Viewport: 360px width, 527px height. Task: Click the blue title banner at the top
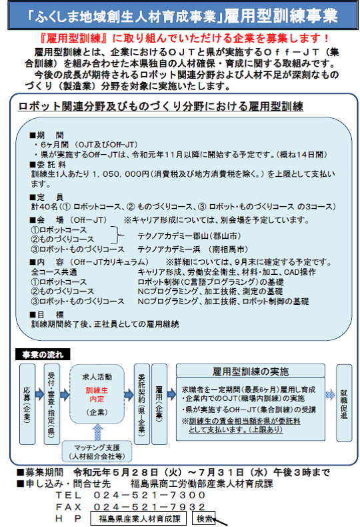click(x=183, y=15)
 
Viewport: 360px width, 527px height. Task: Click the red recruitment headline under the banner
click(x=184, y=38)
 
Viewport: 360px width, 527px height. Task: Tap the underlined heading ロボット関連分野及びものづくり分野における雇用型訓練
click(x=161, y=106)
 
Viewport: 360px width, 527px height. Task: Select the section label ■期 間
click(x=47, y=135)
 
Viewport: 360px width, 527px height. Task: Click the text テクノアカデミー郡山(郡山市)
click(x=189, y=236)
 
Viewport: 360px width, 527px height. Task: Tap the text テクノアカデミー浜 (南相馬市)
click(x=193, y=249)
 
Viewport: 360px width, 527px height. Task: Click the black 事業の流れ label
click(x=43, y=355)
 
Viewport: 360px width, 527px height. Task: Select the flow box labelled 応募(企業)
click(x=27, y=404)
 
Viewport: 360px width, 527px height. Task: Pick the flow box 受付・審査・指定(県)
click(x=52, y=404)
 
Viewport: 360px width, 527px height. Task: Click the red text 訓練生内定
click(x=97, y=394)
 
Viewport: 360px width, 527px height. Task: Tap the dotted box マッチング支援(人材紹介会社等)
click(x=97, y=452)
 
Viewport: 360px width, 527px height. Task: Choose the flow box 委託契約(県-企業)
click(x=142, y=404)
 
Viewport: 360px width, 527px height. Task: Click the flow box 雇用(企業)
click(x=159, y=404)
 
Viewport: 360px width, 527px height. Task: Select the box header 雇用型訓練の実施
click(x=251, y=371)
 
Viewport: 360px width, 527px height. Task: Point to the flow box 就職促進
click(x=344, y=403)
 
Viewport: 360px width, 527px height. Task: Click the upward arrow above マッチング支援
click(x=97, y=432)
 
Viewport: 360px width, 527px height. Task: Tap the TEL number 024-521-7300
click(x=149, y=495)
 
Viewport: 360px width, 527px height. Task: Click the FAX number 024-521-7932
click(x=149, y=507)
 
